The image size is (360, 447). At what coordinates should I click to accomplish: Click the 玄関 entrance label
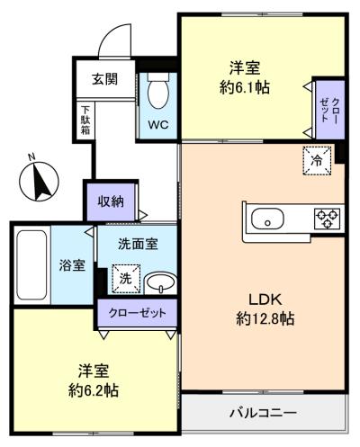(104, 78)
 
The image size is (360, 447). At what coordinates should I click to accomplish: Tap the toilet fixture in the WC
(158, 90)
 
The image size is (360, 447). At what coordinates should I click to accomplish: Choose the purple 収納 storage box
(112, 201)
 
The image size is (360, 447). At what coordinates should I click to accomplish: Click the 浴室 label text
(73, 266)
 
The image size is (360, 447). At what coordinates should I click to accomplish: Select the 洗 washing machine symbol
(125, 280)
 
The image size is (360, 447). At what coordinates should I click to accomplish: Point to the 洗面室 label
(139, 244)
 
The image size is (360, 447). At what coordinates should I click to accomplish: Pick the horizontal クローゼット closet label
(137, 313)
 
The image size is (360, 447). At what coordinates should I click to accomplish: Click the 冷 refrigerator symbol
(316, 159)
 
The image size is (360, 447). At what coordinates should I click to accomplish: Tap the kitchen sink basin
(268, 219)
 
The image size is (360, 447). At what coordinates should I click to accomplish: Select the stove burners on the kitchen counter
(325, 219)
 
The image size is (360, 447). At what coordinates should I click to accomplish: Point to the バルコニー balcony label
(262, 414)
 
